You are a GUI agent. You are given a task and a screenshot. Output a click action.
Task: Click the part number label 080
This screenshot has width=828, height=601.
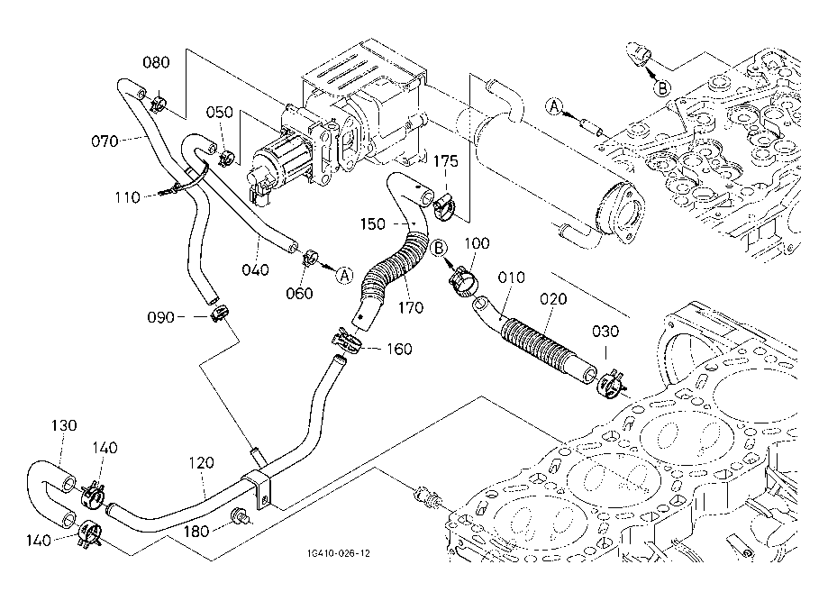click(x=156, y=63)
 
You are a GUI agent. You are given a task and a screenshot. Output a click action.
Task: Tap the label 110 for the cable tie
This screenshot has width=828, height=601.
click(x=128, y=196)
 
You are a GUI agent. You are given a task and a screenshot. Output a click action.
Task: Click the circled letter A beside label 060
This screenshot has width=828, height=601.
click(x=344, y=275)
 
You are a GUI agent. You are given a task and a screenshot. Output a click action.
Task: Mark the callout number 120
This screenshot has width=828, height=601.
click(x=202, y=463)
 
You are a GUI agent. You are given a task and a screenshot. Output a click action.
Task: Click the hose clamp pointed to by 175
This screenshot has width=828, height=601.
click(x=443, y=209)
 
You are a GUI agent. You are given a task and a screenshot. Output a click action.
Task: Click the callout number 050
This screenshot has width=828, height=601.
click(x=220, y=113)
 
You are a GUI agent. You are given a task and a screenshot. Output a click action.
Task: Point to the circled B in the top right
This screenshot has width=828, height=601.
click(x=662, y=87)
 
